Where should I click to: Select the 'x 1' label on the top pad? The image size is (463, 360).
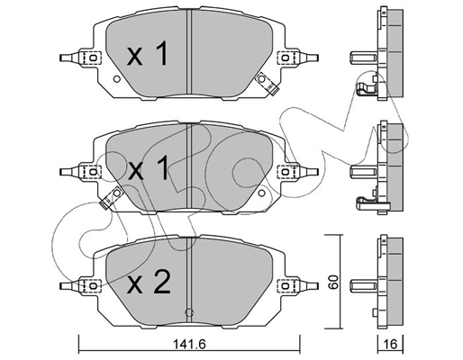147,56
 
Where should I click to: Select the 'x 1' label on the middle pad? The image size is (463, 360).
147,168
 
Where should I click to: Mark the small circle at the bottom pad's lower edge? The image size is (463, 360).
188,312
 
